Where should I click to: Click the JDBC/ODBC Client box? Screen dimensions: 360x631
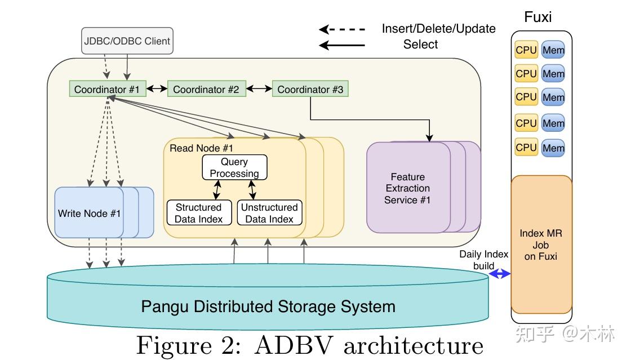click(127, 41)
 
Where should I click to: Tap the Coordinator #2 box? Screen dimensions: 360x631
click(206, 89)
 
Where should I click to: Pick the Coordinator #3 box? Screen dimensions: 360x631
click(310, 89)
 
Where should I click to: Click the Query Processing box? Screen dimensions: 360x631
click(234, 167)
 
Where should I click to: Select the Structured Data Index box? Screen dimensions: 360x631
click(199, 213)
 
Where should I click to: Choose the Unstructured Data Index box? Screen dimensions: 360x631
click(269, 213)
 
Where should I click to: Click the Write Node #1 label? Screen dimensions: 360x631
click(89, 214)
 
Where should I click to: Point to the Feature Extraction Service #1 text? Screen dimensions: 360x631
click(407, 188)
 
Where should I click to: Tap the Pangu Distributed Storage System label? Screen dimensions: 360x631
click(268, 306)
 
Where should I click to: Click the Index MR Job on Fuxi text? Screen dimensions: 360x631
click(541, 245)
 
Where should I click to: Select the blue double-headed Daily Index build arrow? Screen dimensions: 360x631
click(499, 274)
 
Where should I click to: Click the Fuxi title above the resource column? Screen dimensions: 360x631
click(537, 17)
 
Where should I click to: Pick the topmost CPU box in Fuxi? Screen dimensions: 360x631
click(526, 50)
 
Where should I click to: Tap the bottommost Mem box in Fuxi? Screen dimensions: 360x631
click(553, 148)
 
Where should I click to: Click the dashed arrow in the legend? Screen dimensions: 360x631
click(342, 29)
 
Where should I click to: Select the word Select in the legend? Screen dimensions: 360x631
click(420, 45)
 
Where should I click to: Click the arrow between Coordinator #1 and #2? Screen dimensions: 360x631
click(157, 89)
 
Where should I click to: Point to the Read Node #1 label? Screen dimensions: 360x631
click(201, 148)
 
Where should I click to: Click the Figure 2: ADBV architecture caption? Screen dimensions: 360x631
click(309, 345)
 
